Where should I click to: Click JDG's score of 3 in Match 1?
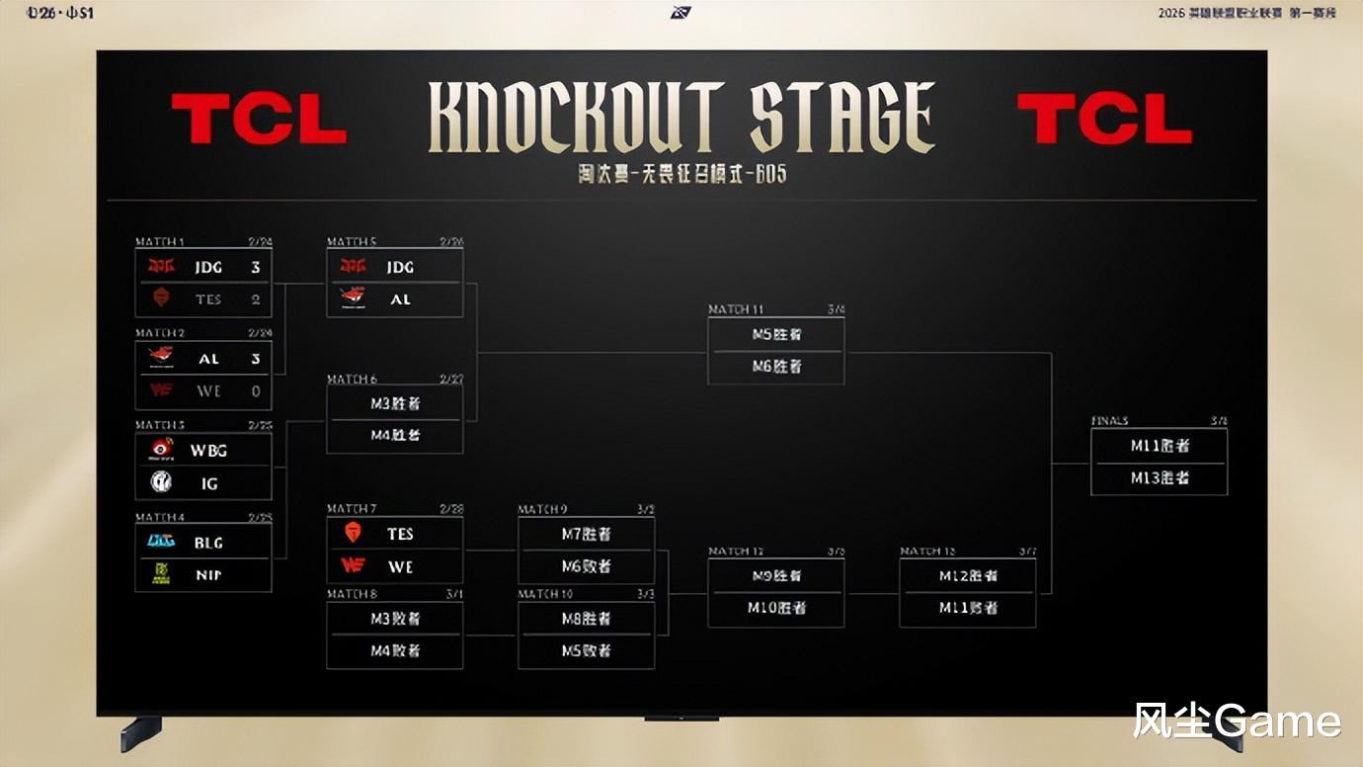pyautogui.click(x=255, y=268)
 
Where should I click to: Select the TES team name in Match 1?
pyautogui.click(x=208, y=299)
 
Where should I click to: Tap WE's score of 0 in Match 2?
pyautogui.click(x=256, y=391)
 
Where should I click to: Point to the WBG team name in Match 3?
pyautogui.click(x=208, y=451)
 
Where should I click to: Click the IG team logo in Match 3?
pyautogui.click(x=161, y=482)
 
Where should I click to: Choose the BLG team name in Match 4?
pyautogui.click(x=208, y=543)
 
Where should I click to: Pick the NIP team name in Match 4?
pyautogui.click(x=208, y=574)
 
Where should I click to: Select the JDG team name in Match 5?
pyautogui.click(x=400, y=268)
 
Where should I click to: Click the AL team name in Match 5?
pyautogui.click(x=400, y=299)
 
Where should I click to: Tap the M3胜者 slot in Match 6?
pyautogui.click(x=395, y=403)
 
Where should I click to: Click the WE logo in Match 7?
pyautogui.click(x=353, y=565)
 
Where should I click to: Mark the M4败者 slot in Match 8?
pyautogui.click(x=395, y=650)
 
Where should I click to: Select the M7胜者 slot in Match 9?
pyautogui.click(x=586, y=534)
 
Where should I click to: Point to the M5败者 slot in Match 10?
pyautogui.click(x=586, y=650)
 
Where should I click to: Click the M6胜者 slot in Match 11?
pyautogui.click(x=776, y=367)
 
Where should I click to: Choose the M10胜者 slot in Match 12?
pyautogui.click(x=776, y=608)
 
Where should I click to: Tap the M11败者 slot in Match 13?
pyautogui.click(x=968, y=608)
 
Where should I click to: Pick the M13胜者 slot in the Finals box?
pyautogui.click(x=1160, y=477)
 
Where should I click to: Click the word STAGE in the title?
pyautogui.click(x=842, y=119)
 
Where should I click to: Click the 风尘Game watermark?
pyautogui.click(x=1236, y=722)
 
